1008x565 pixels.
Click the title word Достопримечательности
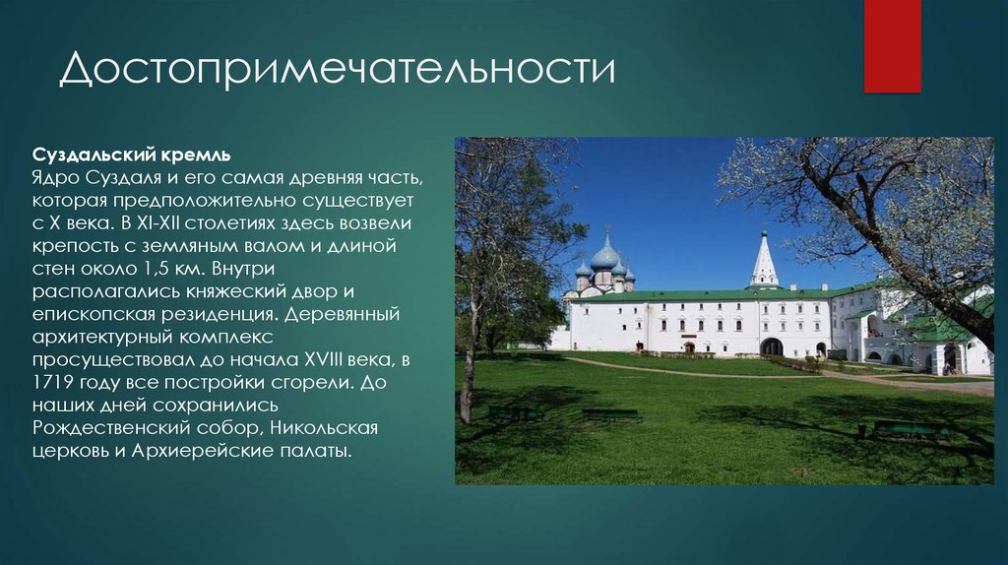point(338,69)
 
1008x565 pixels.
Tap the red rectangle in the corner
point(892,46)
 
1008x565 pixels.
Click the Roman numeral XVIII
point(316,359)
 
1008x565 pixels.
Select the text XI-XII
point(158,223)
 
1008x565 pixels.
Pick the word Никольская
point(323,428)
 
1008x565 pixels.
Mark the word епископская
point(94,315)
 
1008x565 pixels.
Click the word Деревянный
point(342,314)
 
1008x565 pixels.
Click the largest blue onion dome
point(605,256)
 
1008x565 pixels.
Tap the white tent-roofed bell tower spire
point(764,260)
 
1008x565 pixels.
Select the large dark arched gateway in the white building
point(772,346)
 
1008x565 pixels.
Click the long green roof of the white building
point(701,294)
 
